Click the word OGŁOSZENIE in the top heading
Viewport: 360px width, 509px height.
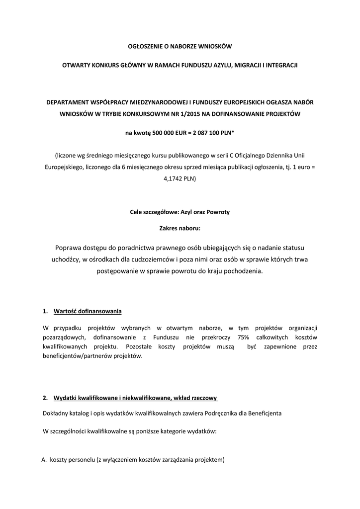(146, 46)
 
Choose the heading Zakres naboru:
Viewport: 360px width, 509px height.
(180, 229)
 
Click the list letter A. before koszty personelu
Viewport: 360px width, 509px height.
(44, 460)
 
